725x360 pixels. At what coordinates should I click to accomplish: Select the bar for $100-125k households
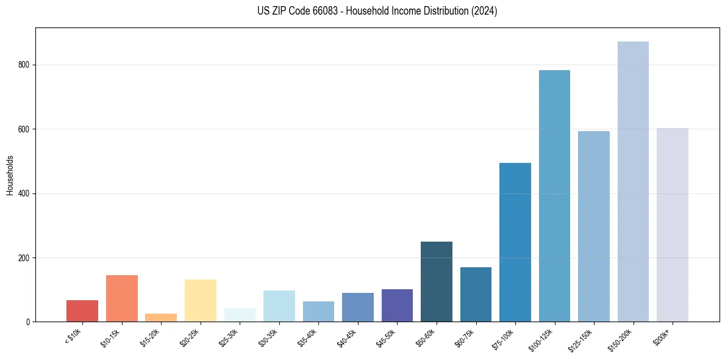coord(554,196)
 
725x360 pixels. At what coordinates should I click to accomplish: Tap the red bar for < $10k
coord(82,311)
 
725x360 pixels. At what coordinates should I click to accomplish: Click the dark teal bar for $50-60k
coord(437,281)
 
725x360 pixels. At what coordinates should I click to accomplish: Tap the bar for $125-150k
coord(594,226)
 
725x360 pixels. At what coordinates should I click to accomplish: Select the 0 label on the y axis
coord(29,322)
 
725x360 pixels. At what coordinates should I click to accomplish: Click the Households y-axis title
coord(10,175)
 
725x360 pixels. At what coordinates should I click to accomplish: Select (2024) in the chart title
coord(483,11)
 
